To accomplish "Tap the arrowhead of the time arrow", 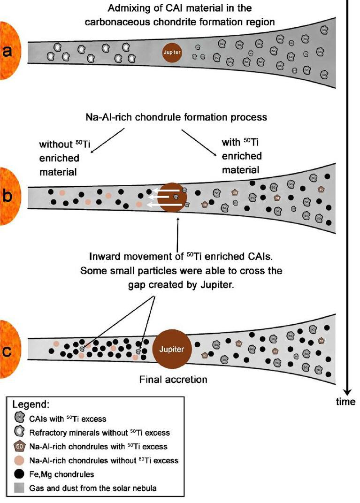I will (348, 390).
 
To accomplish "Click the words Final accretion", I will (173, 379).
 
